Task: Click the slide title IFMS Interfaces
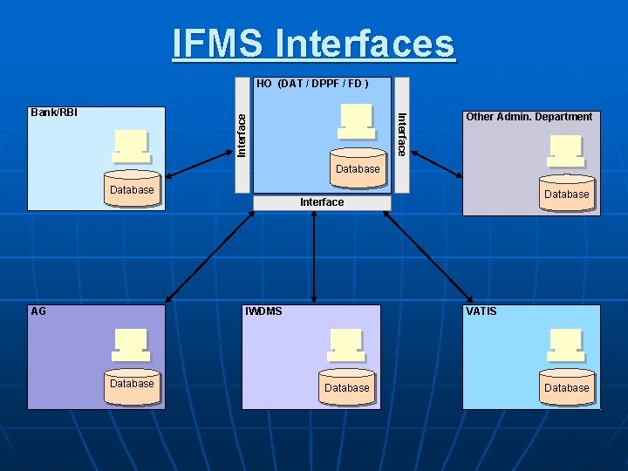[x=314, y=44]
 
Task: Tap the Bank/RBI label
[x=54, y=113]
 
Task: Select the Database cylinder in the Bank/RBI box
[x=132, y=190]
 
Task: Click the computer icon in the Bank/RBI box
[x=131, y=147]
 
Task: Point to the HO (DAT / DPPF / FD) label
[x=312, y=85]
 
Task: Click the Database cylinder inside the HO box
[x=358, y=169]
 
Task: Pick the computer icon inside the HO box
[x=357, y=121]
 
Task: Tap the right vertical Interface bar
[x=401, y=134]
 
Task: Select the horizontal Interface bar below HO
[x=322, y=202]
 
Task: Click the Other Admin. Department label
[x=529, y=117]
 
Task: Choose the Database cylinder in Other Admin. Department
[x=567, y=195]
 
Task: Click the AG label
[x=38, y=311]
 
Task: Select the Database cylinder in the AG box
[x=132, y=385]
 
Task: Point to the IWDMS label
[x=264, y=311]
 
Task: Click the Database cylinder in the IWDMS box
[x=347, y=388]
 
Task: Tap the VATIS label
[x=481, y=311]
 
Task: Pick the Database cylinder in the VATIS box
[x=567, y=388]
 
